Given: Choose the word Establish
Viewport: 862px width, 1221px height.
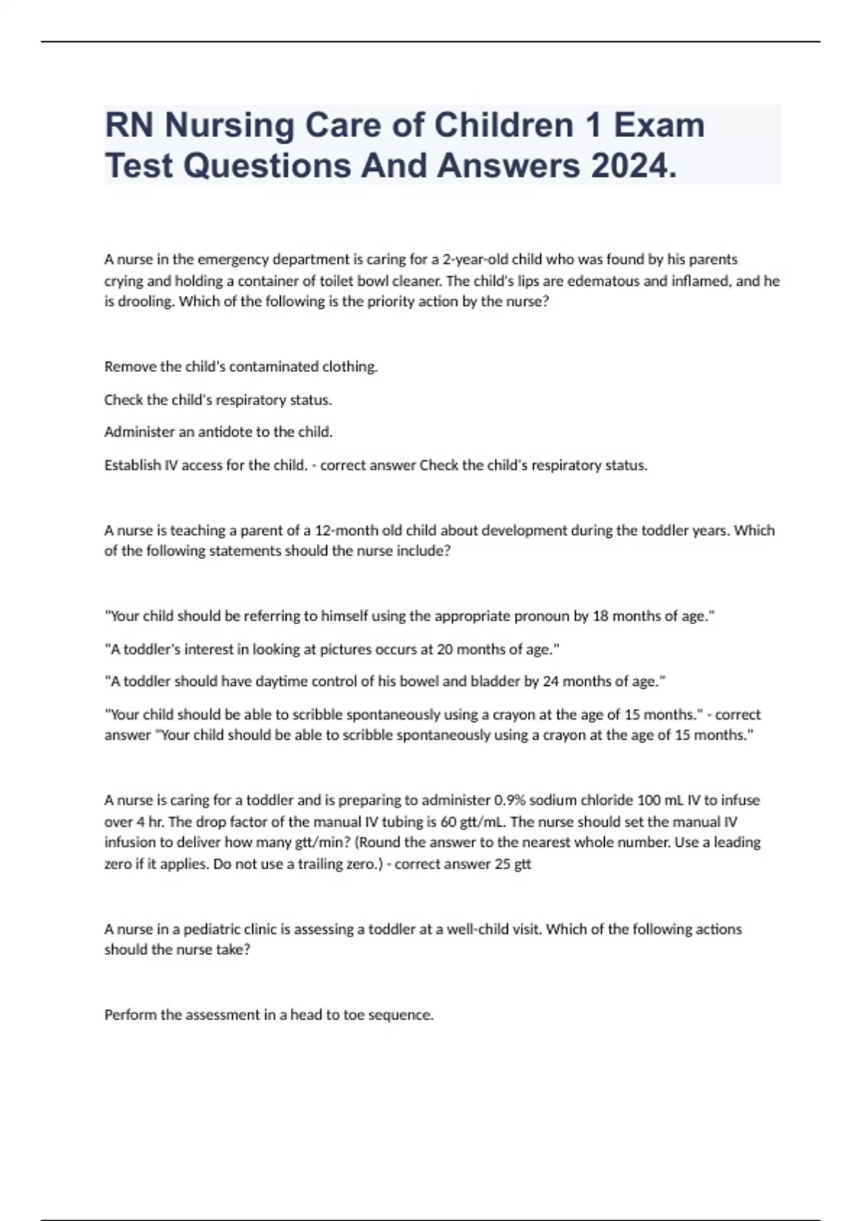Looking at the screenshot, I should [133, 465].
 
